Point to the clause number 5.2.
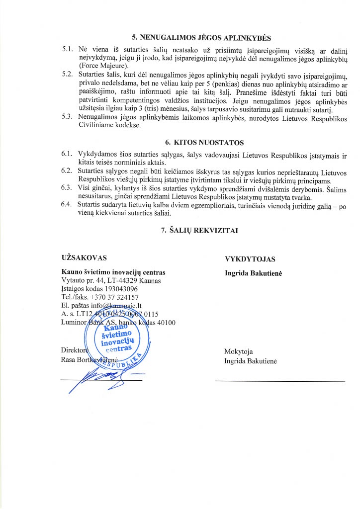[x=68, y=74]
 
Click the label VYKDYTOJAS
[x=250, y=259]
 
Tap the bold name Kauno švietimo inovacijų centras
[x=113, y=272]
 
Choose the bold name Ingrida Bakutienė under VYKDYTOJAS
[x=254, y=273]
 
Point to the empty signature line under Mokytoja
[x=279, y=381]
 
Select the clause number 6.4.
[x=68, y=204]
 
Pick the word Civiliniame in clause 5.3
[x=97, y=126]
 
